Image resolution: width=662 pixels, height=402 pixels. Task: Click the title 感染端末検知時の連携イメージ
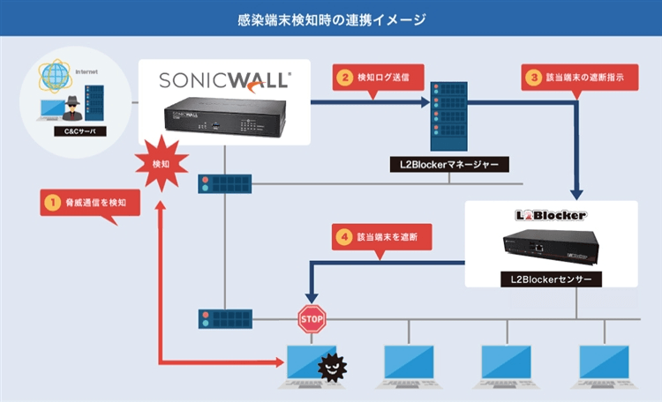coord(331,19)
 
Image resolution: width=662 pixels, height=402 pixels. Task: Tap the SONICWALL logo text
coord(224,80)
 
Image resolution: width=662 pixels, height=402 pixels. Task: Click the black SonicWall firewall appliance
coord(224,118)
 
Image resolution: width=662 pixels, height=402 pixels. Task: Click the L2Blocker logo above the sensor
coord(551,214)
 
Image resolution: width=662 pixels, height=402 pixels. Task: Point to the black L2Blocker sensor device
coord(552,247)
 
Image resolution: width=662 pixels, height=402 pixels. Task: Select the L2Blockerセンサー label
coord(551,279)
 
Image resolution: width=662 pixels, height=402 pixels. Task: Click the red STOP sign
coord(311,318)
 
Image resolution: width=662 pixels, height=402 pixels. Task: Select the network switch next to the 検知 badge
coord(224,182)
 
